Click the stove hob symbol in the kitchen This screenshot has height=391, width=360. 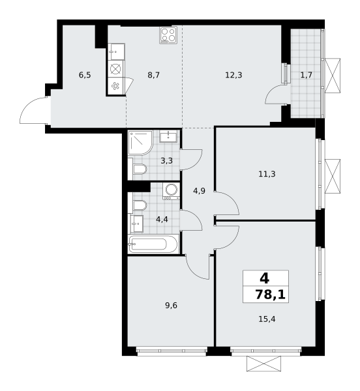[168, 35]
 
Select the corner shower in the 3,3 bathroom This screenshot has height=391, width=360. [140, 143]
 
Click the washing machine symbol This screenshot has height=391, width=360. [171, 191]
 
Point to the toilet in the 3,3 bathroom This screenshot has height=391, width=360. [140, 169]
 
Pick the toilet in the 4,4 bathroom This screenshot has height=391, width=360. [140, 205]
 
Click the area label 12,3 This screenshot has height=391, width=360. [233, 75]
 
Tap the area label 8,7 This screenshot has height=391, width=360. [153, 75]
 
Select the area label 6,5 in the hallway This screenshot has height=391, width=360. [85, 75]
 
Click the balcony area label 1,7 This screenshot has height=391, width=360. [306, 75]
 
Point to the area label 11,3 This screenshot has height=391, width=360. [267, 174]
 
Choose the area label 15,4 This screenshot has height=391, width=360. [267, 319]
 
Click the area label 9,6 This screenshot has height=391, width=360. [171, 305]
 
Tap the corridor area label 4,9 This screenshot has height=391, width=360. [199, 191]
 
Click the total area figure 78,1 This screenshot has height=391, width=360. [270, 295]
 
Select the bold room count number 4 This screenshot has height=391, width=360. [264, 278]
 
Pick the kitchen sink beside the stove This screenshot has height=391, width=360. [116, 51]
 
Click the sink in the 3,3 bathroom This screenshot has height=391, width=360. [168, 136]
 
